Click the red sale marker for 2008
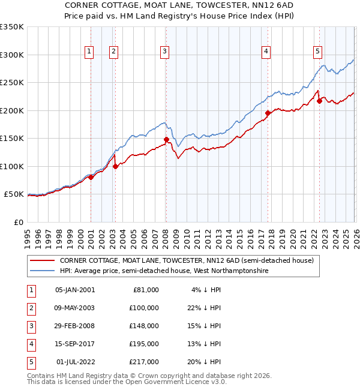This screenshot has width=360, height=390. coord(166,140)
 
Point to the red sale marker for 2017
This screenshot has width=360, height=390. coord(268,113)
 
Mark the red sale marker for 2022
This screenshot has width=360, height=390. coord(319,101)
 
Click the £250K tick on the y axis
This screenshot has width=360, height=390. coord(12,83)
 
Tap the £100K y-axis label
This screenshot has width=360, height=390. coord(12,166)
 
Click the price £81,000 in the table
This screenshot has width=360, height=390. coord(146,289)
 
